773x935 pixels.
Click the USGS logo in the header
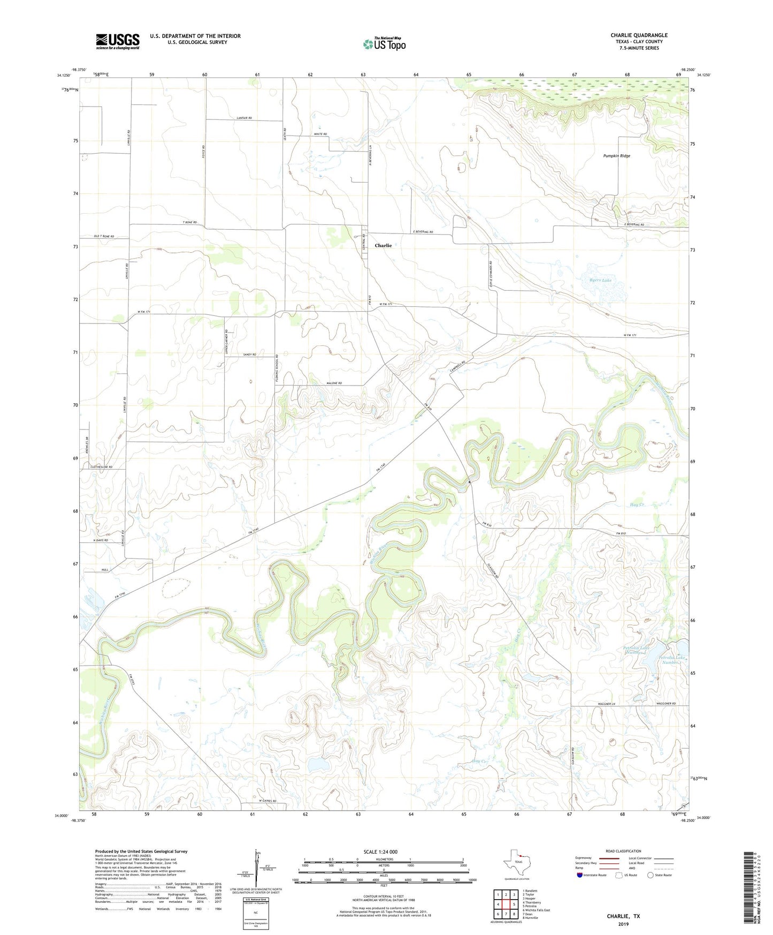pos(117,41)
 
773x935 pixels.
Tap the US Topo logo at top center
pos(384,44)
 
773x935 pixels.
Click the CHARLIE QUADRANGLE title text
pos(639,35)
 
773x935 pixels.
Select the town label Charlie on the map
pos(383,246)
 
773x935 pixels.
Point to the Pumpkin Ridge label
pos(616,156)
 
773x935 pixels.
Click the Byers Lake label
pos(600,280)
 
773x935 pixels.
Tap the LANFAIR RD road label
pos(243,118)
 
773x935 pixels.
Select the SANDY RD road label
pos(249,355)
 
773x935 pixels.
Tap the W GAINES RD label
pos(267,801)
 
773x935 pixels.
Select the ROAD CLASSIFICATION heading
pos(624,851)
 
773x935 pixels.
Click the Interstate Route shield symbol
pos(580,874)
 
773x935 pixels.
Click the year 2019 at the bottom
pos(623,924)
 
